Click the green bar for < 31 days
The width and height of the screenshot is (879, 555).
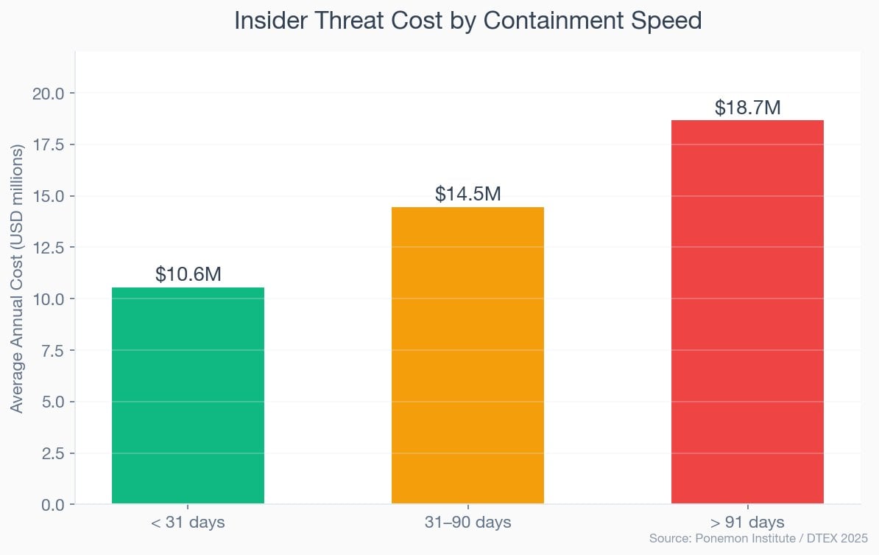pos(188,396)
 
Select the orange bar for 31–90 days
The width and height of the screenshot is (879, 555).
pos(467,355)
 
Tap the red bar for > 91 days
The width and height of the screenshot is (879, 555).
pos(747,312)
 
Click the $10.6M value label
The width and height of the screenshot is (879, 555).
pos(188,275)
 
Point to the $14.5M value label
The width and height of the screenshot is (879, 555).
pos(467,195)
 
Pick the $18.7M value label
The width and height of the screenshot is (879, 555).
pos(747,108)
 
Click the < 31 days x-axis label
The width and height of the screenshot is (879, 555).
pos(188,523)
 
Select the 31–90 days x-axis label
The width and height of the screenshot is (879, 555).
pos(467,523)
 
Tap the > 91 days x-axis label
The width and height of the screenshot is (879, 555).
pos(747,523)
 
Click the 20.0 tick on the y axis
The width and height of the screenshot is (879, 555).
pos(48,93)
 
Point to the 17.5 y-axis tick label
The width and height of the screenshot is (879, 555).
pos(48,144)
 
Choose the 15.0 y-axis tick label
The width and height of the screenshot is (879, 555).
pos(48,196)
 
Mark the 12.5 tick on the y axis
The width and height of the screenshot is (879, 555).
pos(48,248)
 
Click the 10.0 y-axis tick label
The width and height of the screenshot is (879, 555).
pos(48,299)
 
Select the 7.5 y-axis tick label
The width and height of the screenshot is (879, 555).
pos(52,350)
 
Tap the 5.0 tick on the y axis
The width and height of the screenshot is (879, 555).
pos(52,402)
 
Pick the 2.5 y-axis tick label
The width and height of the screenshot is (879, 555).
pos(52,453)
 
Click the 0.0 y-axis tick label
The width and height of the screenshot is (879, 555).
pos(52,505)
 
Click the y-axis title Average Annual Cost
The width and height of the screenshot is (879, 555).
pos(17,278)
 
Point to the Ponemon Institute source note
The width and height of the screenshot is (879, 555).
pos(758,539)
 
